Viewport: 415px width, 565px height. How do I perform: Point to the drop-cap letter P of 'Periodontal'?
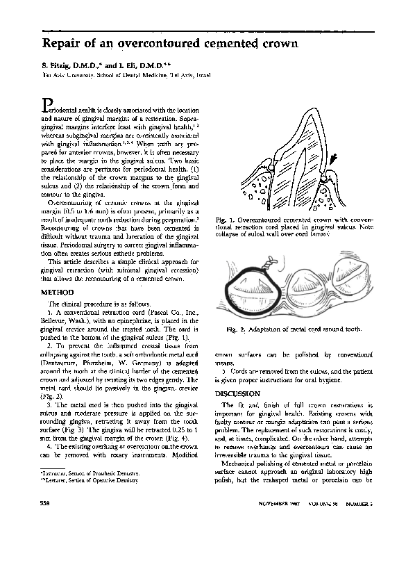(47, 104)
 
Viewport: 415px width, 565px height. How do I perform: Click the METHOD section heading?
(58, 293)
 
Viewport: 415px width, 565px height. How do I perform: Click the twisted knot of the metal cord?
(266, 264)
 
